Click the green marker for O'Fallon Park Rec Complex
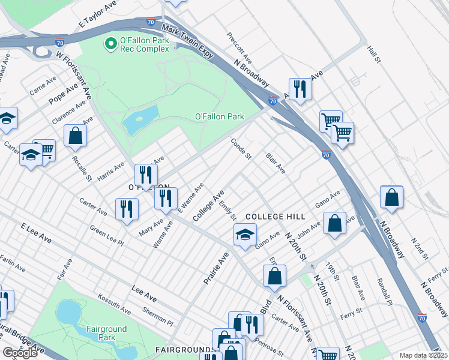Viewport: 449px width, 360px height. (110, 43)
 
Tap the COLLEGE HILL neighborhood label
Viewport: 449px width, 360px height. (276, 216)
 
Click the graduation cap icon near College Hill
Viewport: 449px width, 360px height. (245, 235)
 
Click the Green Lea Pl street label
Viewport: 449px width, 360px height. (106, 236)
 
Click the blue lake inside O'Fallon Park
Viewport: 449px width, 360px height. (141, 120)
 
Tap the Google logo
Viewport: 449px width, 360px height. (20, 353)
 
